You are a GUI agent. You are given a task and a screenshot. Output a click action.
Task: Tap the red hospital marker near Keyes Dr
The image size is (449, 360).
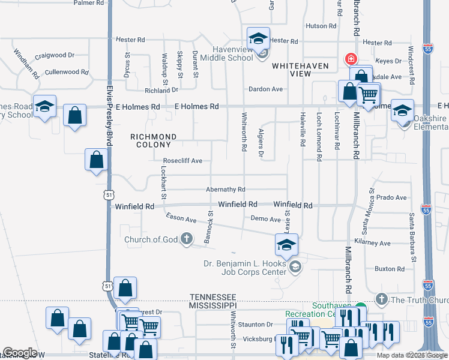(350, 59)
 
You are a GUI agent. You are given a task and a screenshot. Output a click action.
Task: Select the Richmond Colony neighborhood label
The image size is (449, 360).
(154, 140)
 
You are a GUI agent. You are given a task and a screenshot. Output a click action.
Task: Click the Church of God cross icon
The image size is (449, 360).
(187, 239)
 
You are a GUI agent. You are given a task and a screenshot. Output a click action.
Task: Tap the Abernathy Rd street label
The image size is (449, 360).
(226, 189)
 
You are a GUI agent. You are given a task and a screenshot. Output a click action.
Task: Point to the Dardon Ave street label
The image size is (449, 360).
(266, 89)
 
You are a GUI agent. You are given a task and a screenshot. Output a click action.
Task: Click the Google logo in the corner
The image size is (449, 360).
(20, 353)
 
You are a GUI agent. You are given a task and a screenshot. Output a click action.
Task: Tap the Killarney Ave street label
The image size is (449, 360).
(372, 243)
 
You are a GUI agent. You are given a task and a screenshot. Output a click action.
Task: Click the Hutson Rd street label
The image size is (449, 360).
(321, 26)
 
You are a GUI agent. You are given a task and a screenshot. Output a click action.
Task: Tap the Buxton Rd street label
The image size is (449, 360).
(389, 269)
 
